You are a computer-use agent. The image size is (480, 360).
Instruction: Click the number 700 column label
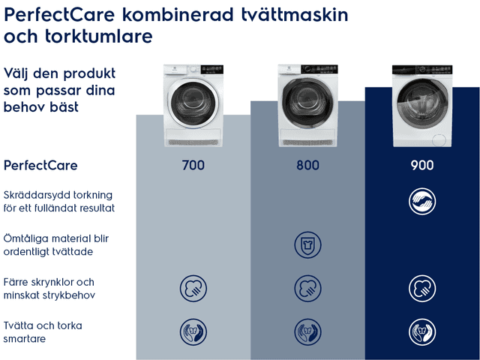(193, 165)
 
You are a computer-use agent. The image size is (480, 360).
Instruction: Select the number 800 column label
(307, 165)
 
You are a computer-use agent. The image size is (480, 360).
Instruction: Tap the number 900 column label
(422, 165)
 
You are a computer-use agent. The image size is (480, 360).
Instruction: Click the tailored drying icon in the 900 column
(422, 202)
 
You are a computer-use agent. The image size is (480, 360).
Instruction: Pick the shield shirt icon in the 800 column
(307, 245)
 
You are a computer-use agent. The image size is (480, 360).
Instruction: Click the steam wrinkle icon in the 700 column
(193, 288)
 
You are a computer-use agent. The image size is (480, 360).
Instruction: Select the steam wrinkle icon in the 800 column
(307, 288)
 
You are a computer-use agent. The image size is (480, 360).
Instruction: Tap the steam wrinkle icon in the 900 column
(422, 288)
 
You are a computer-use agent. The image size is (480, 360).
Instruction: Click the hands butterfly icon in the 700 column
(193, 331)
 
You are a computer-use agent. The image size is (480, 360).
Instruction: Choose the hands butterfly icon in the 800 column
(307, 331)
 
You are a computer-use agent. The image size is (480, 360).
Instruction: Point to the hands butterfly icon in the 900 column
(422, 331)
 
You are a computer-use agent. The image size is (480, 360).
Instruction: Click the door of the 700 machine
(193, 103)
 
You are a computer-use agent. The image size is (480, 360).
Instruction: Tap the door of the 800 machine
(307, 103)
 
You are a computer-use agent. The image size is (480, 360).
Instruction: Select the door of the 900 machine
(422, 103)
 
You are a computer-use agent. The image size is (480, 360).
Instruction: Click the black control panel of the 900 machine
(422, 70)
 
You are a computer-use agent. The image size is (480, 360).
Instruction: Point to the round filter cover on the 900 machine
(439, 140)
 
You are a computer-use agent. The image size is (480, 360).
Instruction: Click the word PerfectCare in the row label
(40, 166)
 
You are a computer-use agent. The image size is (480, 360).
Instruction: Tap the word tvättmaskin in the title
(295, 14)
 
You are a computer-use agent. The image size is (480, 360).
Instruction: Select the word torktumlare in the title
(98, 36)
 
